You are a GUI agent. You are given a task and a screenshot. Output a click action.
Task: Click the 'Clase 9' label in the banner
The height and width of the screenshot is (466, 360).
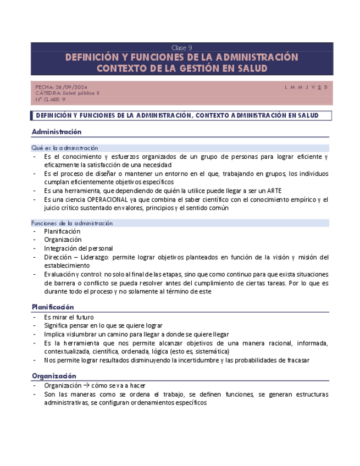(181, 47)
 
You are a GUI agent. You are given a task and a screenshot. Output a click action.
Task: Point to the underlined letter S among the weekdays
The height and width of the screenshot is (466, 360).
(319, 87)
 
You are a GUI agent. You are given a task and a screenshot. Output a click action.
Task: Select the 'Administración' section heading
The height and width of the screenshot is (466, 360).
(57, 132)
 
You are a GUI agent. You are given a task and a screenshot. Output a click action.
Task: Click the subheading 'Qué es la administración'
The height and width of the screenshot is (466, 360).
(65, 148)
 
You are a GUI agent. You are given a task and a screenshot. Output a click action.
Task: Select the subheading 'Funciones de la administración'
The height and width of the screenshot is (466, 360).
(72, 223)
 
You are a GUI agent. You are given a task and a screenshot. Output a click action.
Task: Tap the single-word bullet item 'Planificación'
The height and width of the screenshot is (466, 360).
(62, 231)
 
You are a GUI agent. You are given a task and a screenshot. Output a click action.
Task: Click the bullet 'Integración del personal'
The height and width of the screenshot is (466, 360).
(79, 248)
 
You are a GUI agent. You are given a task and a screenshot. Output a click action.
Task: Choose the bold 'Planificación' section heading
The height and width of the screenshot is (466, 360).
(53, 307)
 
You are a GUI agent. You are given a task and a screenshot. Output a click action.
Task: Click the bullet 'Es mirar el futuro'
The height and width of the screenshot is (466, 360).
(69, 317)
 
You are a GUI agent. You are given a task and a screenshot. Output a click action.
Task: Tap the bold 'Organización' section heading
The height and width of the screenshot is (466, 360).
(53, 376)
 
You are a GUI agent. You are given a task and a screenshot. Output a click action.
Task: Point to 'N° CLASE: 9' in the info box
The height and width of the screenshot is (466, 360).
(51, 99)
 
